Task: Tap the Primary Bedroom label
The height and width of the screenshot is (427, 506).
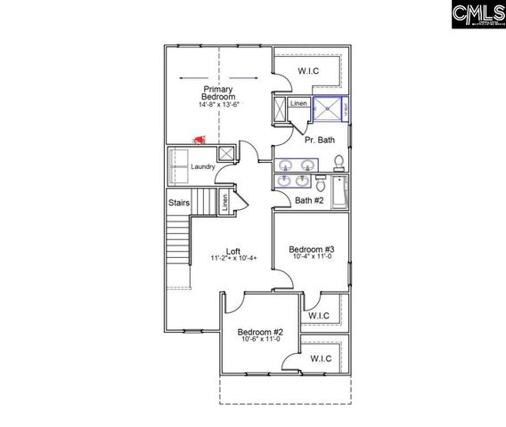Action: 218,93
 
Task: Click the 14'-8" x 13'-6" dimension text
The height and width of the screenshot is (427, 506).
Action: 218,105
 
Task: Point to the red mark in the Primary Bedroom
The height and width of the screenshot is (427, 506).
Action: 199,141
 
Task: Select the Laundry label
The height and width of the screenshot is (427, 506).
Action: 203,166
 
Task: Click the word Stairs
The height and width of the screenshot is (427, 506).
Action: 178,203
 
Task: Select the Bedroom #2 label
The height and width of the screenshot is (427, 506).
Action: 259,331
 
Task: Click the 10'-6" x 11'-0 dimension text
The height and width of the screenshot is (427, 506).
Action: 259,339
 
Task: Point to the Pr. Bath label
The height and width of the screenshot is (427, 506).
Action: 318,141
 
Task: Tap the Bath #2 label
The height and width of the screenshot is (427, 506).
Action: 309,200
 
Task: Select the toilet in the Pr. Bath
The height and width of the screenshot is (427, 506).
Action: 339,163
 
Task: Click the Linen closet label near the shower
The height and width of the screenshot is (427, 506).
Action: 299,103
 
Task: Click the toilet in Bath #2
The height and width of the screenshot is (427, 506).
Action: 320,183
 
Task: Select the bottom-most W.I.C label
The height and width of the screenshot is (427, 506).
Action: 321,358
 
